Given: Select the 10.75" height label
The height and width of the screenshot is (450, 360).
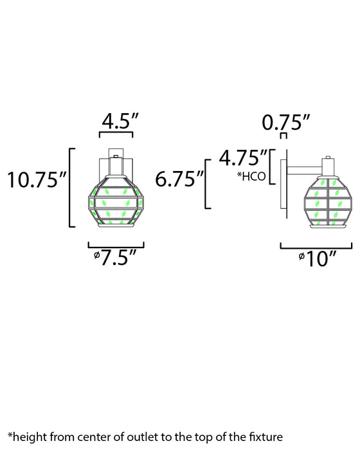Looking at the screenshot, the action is click(x=37, y=180).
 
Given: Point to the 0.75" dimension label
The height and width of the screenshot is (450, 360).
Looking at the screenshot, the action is click(x=286, y=123).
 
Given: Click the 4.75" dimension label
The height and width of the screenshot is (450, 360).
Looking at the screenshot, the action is click(x=243, y=157).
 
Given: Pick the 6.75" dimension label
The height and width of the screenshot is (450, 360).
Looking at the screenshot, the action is click(x=179, y=179).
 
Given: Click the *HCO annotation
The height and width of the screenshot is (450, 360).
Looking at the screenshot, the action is click(x=251, y=176).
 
